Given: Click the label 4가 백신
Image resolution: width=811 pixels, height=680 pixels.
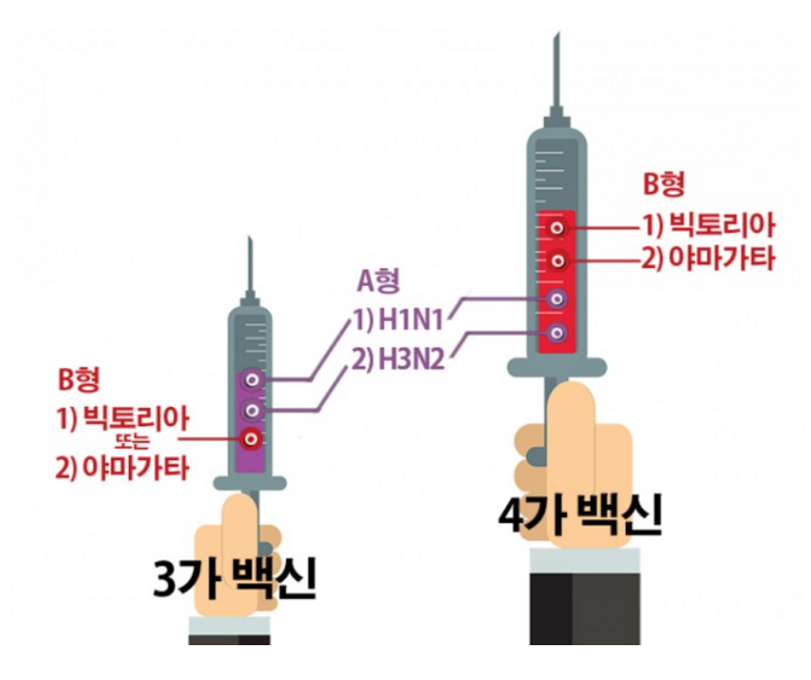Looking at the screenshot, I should pos(580,516).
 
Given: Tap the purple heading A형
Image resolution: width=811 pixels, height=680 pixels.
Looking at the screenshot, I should pos(377,278).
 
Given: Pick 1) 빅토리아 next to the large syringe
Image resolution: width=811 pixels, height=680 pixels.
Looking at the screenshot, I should pos(708,226).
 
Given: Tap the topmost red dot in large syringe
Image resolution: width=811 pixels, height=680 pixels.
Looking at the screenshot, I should pos(558,229).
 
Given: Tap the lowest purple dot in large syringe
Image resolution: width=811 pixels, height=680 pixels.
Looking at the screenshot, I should pos(558,332).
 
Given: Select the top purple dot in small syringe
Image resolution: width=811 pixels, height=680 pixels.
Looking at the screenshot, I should pos(251,379).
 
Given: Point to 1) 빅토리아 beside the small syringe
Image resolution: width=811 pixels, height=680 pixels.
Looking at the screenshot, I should pos(122,417).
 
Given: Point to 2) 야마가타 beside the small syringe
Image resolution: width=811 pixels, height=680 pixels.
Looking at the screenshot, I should pos(122,466).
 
